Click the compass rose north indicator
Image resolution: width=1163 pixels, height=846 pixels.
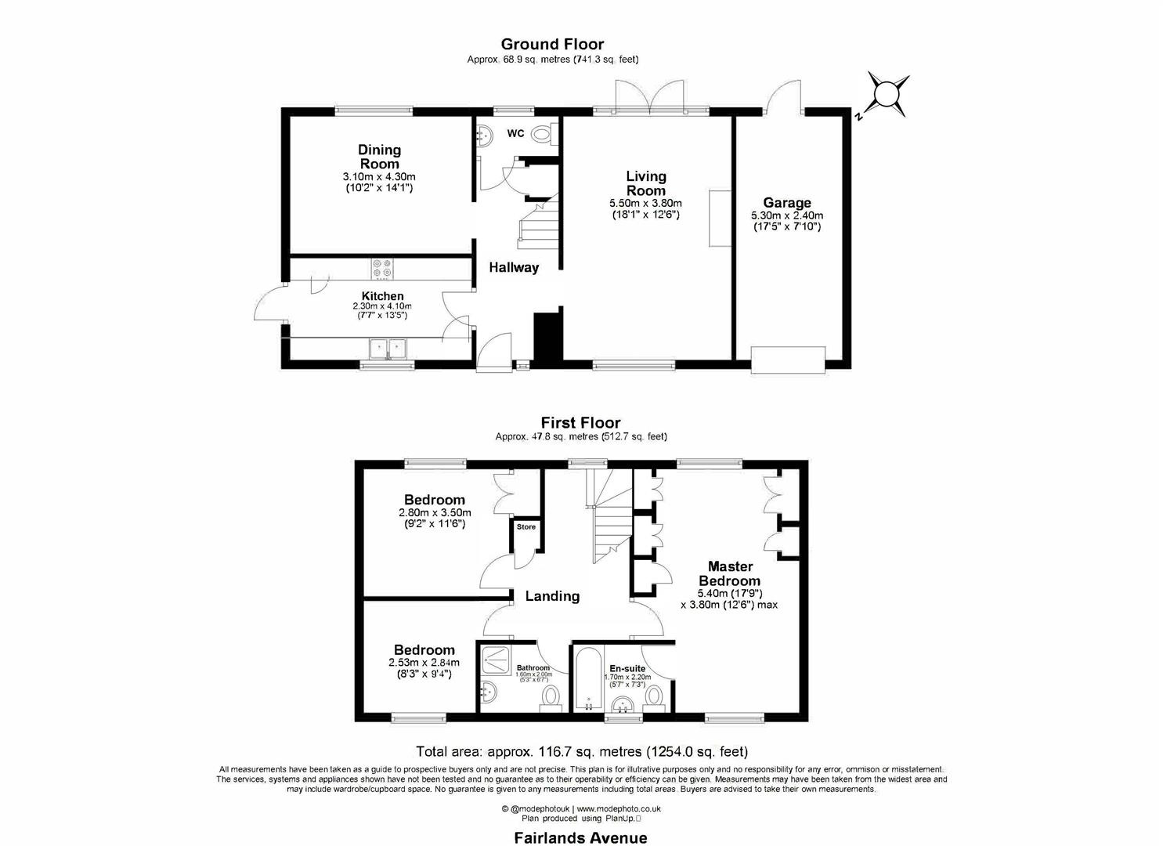point(885,94)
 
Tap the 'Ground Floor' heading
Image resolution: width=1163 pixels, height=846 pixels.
point(552,44)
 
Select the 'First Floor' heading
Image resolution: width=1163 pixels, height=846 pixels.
point(580,423)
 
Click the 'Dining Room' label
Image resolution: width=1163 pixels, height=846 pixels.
point(379,157)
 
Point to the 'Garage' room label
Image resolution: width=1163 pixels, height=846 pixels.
point(787,203)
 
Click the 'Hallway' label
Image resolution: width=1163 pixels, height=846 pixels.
point(514,268)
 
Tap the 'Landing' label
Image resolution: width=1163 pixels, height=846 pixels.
point(552,596)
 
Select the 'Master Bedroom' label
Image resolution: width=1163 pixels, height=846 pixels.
point(730,573)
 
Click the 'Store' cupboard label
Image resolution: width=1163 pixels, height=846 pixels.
point(526,527)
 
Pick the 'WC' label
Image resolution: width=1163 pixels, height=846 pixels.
point(515,134)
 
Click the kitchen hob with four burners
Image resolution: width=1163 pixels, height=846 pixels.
point(382,269)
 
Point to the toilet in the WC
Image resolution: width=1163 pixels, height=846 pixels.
point(541,135)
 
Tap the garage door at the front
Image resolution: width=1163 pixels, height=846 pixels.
point(788,360)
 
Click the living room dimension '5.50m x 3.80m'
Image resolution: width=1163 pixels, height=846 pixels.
point(645,203)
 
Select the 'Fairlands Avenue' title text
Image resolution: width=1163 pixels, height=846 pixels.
point(580,837)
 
